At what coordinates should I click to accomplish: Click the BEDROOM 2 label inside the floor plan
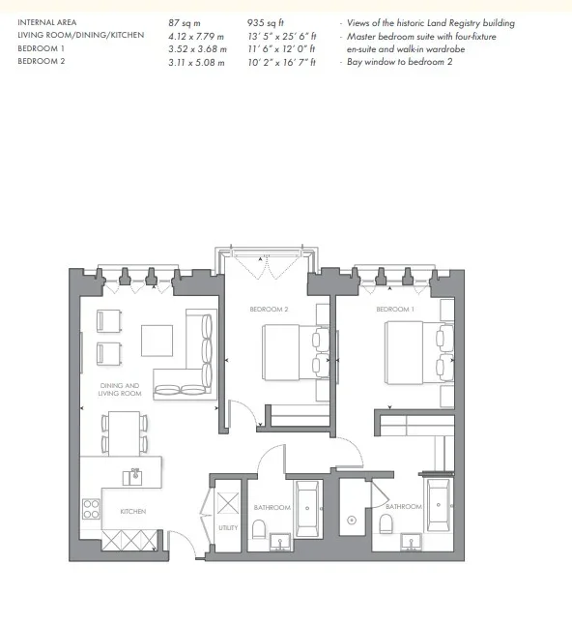click(x=269, y=309)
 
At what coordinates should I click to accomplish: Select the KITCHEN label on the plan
click(x=133, y=511)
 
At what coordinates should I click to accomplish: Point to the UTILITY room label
click(x=228, y=527)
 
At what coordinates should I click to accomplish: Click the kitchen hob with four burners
click(x=91, y=509)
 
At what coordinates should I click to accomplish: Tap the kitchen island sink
click(x=132, y=477)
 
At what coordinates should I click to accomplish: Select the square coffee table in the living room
click(x=157, y=341)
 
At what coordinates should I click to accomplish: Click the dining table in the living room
click(x=125, y=433)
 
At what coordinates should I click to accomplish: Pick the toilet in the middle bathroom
click(x=260, y=528)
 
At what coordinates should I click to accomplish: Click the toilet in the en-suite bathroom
click(x=386, y=523)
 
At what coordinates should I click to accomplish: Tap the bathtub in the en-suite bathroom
click(x=439, y=505)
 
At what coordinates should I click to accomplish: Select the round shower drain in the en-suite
click(x=352, y=520)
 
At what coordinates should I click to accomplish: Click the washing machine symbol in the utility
click(x=228, y=503)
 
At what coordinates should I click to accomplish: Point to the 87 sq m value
click(x=185, y=22)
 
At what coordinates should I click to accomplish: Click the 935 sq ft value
click(x=265, y=22)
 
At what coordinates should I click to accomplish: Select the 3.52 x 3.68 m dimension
click(x=197, y=49)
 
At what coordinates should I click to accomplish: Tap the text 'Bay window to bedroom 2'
click(x=400, y=62)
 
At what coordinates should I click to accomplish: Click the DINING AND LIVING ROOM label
click(x=120, y=390)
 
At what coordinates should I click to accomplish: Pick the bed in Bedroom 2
click(x=296, y=353)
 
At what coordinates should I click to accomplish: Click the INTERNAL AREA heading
click(x=47, y=22)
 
